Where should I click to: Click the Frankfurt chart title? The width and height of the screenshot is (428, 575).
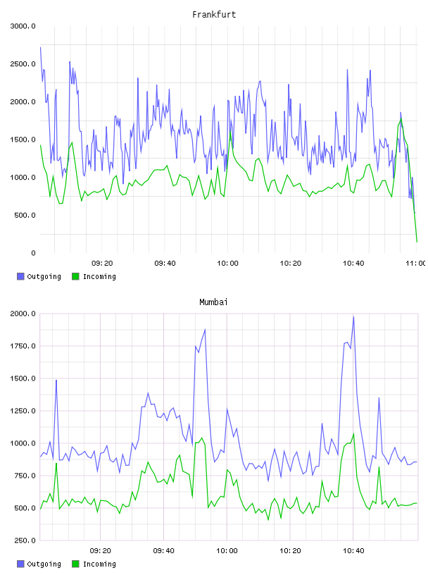(214, 15)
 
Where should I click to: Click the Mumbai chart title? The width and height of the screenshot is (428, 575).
(213, 302)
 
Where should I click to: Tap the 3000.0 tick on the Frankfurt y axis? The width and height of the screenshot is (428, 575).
(23, 26)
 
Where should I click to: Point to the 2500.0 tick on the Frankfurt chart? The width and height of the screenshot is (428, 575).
(23, 64)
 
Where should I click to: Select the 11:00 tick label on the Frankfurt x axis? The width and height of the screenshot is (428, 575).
(415, 264)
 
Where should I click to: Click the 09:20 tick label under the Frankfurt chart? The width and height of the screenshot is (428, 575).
(102, 264)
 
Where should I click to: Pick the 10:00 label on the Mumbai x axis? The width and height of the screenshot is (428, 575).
(227, 551)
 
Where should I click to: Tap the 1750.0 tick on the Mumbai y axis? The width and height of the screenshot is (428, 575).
(23, 346)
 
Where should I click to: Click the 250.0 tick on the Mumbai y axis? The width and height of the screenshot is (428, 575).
(25, 540)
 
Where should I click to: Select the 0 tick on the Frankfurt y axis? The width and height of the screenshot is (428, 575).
(33, 253)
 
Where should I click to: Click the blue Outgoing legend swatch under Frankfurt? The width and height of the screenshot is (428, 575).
(20, 276)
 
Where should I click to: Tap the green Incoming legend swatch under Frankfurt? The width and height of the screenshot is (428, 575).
(75, 276)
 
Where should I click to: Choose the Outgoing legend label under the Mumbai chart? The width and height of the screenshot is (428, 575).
(44, 564)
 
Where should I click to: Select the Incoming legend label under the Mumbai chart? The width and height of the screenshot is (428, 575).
(99, 564)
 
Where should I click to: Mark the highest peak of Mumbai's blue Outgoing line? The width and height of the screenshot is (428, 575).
(353, 317)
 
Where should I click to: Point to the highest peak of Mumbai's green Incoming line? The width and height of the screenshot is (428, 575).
(353, 433)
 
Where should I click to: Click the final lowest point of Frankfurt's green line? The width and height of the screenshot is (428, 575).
(417, 242)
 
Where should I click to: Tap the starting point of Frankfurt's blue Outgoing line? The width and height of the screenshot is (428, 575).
(40, 47)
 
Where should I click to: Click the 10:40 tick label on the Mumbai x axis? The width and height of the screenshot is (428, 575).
(353, 551)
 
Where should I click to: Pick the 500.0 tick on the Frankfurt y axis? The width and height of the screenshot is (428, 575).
(25, 215)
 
